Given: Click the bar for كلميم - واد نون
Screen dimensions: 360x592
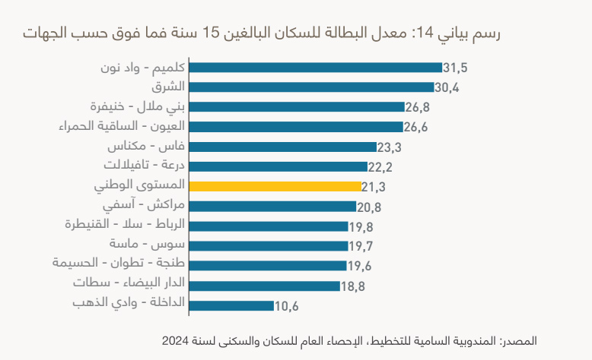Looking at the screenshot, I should [315, 68].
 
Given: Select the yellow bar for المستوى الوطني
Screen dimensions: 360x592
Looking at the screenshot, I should [275, 186].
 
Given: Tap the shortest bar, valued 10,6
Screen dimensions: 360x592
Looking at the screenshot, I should [231, 305].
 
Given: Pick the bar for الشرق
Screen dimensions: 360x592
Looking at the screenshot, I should [310, 87].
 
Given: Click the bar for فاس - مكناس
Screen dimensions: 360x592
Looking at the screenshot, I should [283, 147].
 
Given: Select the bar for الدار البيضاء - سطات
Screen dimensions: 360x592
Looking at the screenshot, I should [264, 286].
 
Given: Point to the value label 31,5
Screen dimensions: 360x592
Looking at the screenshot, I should [455, 68].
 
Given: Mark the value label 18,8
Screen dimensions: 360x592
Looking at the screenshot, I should [353, 286].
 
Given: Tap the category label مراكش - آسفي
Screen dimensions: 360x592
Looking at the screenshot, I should [148, 205].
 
